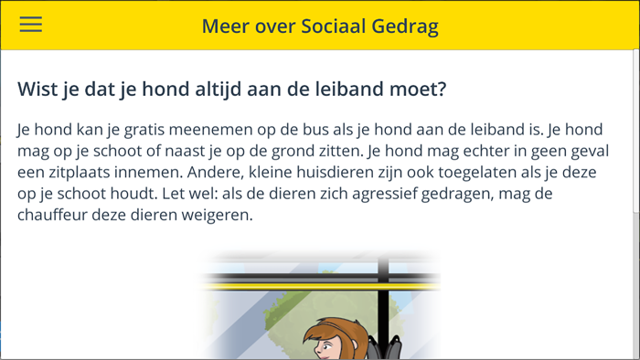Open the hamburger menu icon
click(31, 25)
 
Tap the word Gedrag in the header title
click(405, 26)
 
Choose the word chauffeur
click(58, 216)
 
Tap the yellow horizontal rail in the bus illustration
click(320, 287)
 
